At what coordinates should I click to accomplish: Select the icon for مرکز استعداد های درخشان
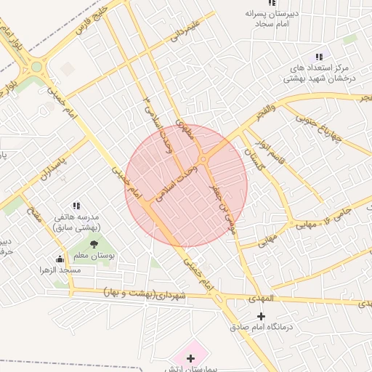[x=318, y=57]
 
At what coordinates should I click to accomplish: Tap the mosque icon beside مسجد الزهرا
[x=60, y=259]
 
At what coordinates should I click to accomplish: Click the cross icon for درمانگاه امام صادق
[x=262, y=316]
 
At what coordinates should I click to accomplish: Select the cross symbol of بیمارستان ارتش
[x=190, y=358]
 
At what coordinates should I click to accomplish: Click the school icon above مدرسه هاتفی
[x=78, y=206]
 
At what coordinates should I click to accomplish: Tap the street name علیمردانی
[x=185, y=32]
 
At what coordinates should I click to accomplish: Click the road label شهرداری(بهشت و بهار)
[x=145, y=294]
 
